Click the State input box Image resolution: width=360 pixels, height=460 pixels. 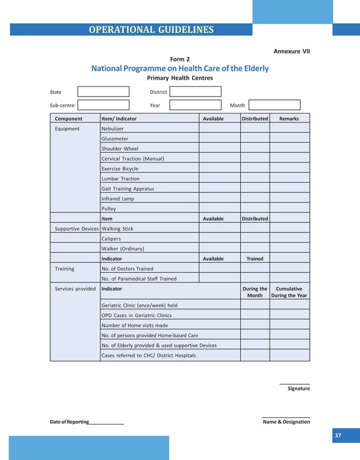(x=103, y=91)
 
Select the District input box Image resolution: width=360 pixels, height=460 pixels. (x=195, y=91)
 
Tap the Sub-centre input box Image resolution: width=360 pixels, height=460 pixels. (x=103, y=105)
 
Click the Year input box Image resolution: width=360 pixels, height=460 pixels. (x=195, y=105)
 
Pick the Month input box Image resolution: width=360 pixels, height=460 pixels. (x=274, y=105)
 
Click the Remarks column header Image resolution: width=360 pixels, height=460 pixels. (x=289, y=119)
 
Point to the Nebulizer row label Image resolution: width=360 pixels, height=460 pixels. (x=112, y=129)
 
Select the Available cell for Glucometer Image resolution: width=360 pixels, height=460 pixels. (x=219, y=139)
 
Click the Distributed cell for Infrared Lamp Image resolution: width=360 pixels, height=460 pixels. (x=254, y=199)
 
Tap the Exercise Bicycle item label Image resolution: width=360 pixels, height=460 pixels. (x=120, y=169)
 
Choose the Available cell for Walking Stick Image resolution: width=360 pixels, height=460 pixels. (x=219, y=229)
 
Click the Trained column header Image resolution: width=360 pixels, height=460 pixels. (x=254, y=259)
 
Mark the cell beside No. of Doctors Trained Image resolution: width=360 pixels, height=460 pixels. (x=219, y=269)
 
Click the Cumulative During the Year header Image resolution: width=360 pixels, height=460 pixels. (x=289, y=292)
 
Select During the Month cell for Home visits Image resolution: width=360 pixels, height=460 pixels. (x=254, y=325)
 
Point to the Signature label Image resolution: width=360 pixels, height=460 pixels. (x=298, y=388)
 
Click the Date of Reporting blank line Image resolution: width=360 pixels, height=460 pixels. (x=106, y=422)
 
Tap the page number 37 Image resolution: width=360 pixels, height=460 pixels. (x=338, y=436)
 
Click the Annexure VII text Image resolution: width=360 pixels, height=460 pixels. (x=292, y=51)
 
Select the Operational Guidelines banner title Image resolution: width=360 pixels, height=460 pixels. (x=151, y=30)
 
